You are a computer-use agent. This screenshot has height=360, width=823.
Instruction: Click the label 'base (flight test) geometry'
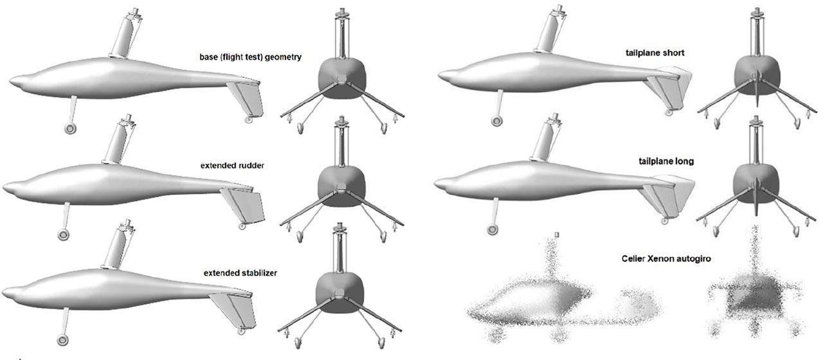(250, 57)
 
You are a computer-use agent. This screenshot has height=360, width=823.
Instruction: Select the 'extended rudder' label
(232, 166)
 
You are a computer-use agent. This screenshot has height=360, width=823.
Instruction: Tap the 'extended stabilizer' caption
(240, 273)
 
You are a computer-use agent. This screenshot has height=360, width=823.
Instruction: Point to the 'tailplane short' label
(655, 53)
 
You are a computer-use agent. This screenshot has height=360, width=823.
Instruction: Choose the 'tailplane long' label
(666, 161)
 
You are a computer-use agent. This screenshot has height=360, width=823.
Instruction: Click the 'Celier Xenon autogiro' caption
(666, 258)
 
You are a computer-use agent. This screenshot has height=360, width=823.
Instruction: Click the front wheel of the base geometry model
(70, 129)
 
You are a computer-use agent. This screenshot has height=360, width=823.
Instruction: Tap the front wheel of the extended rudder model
(63, 235)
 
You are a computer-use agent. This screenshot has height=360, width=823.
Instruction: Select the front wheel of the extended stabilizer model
(63, 340)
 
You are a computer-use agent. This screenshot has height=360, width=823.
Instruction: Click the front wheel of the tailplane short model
(496, 121)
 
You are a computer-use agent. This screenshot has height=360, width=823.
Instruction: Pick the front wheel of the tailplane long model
(492, 230)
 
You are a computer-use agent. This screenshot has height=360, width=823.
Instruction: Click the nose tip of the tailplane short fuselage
(439, 76)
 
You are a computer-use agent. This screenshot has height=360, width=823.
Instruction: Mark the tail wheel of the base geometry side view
(248, 120)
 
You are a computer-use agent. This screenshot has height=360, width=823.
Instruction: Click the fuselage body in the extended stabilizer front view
(339, 292)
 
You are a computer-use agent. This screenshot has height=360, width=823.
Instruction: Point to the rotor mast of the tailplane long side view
(546, 139)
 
